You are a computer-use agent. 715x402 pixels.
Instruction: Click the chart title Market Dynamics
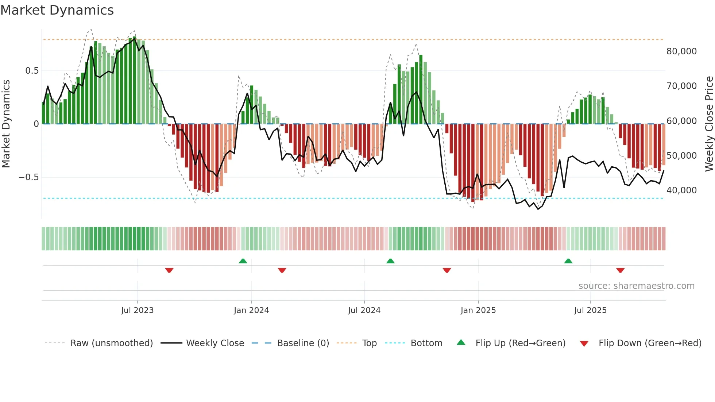click(57, 10)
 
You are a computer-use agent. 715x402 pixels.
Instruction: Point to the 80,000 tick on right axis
click(681, 51)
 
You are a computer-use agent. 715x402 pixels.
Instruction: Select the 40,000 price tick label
click(681, 190)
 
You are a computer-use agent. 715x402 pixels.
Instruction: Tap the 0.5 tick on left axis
click(32, 71)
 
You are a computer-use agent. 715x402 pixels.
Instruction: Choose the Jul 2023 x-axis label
click(137, 310)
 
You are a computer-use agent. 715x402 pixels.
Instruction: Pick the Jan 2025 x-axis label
click(478, 310)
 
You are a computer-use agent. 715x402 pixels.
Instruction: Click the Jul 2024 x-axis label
click(364, 310)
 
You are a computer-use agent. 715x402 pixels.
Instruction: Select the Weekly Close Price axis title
click(709, 124)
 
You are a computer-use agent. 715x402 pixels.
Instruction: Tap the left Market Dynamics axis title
click(6, 124)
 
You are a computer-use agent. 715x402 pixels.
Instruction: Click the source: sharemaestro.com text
click(636, 286)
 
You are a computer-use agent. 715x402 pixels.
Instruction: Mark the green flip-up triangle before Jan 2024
click(243, 261)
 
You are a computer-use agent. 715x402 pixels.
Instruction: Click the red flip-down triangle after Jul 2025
click(620, 270)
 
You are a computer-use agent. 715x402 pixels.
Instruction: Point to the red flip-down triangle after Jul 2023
click(169, 270)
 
